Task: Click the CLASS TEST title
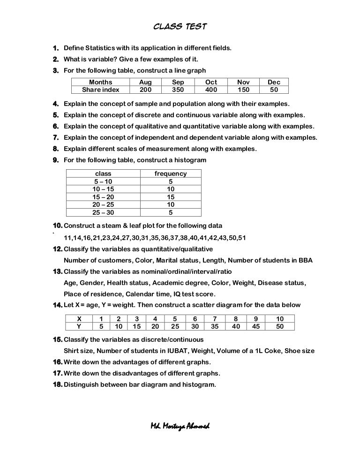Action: coord(180,27)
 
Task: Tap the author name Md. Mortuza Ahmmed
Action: coord(180,426)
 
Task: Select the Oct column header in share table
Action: coord(211,82)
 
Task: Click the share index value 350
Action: coord(178,90)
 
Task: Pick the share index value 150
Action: coord(243,90)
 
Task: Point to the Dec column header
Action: coord(274,82)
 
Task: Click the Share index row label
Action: coord(100,90)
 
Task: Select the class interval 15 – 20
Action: coord(103,197)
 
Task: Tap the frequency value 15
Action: coord(171,197)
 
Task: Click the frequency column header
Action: coord(171,173)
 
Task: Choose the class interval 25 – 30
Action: coord(103,212)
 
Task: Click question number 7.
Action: coord(55,138)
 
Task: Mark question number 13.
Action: coord(57,272)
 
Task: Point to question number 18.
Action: coord(57,385)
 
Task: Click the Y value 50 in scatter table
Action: coord(280,326)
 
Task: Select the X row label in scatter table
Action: coord(79,318)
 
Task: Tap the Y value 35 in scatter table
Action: coord(215,326)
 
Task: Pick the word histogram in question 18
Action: coord(199,385)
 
